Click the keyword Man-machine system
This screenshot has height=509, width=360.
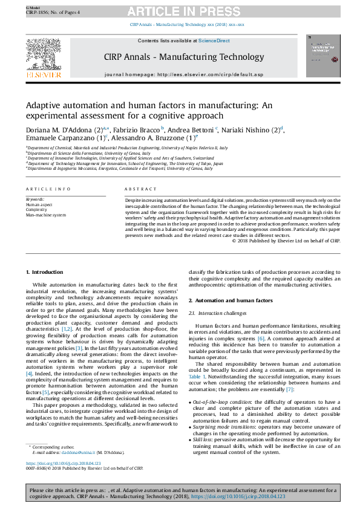tap(46, 215)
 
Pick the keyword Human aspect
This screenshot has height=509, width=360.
tap(39, 205)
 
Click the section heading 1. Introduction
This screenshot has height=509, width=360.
tap(47, 273)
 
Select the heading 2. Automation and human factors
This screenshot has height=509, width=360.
tap(231, 300)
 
